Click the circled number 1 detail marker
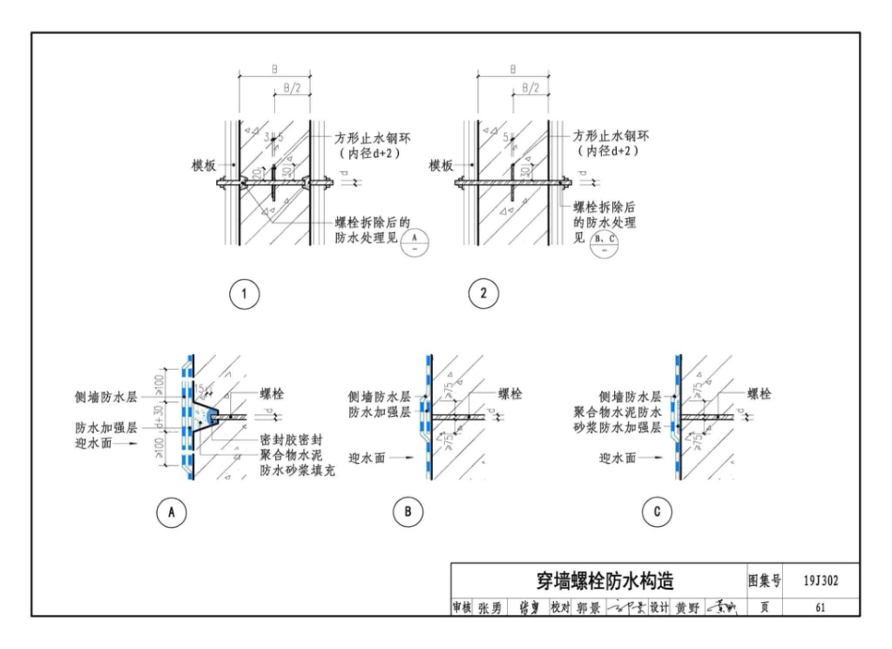coord(244,294)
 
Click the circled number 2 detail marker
coord(484,294)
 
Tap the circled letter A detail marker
coord(172,512)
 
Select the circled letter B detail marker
coord(409,512)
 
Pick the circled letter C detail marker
coord(654,512)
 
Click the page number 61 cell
coord(820,608)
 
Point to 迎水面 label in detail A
coord(98,443)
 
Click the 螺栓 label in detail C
coord(759,394)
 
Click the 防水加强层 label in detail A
coord(106,427)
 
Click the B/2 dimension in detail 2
coord(529,87)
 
